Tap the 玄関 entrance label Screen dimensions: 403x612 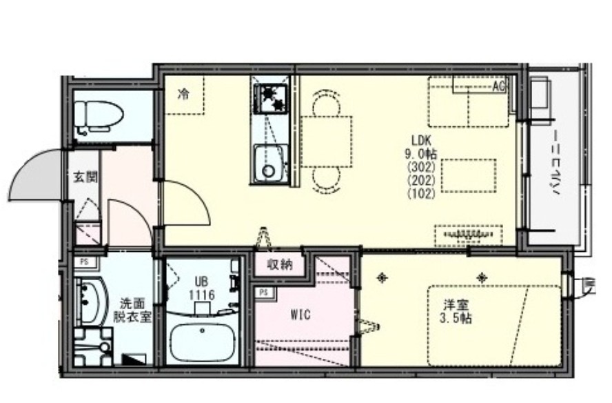coord(85,177)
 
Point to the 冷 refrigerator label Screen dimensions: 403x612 coord(183,95)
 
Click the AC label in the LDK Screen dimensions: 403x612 coord(499,86)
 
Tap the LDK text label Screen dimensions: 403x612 coord(422,138)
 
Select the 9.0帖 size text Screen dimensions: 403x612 coord(422,153)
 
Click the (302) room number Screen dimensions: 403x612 coord(422,166)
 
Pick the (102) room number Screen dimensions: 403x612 coord(422,194)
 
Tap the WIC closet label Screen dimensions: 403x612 coord(300,315)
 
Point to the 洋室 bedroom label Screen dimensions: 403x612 coord(453,304)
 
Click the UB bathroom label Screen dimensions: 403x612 coord(201,282)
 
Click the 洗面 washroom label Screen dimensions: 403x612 coord(133,303)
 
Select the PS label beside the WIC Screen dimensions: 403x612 coord(263,293)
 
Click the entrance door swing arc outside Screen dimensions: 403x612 coord(34,178)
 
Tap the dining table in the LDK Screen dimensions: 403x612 coord(326,141)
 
